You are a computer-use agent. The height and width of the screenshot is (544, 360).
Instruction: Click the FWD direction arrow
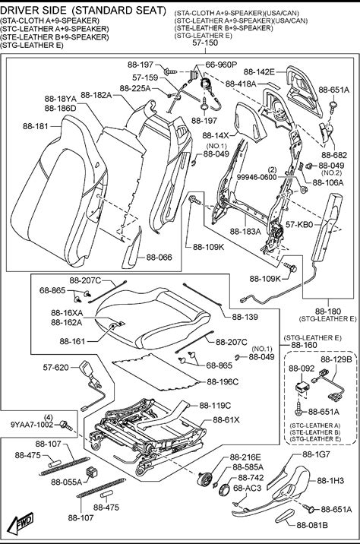21,522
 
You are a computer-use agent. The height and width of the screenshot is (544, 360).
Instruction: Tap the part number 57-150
205,43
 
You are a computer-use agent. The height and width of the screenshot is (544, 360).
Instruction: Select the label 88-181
36,126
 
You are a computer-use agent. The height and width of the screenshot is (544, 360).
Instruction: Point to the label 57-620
56,367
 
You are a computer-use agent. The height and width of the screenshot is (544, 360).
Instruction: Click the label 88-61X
226,420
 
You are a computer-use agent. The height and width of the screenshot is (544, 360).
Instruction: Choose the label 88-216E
245,457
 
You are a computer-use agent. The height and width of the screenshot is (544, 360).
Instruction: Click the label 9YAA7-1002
32,425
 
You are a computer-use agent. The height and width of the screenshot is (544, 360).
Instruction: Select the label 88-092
302,368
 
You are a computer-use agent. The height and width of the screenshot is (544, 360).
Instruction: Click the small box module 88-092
302,387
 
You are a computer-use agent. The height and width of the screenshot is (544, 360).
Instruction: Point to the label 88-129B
336,359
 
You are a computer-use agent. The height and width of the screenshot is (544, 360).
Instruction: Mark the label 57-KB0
299,225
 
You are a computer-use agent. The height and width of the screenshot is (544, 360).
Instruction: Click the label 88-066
159,258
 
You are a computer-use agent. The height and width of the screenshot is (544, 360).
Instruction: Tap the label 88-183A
245,231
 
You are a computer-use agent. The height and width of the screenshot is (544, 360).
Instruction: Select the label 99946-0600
257,177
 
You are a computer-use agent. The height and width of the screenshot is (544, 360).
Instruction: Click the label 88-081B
312,525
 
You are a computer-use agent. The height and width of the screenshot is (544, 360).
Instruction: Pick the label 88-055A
67,482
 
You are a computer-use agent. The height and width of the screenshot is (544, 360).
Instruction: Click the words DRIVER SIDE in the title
33,11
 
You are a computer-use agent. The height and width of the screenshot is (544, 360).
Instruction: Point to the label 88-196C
223,381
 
